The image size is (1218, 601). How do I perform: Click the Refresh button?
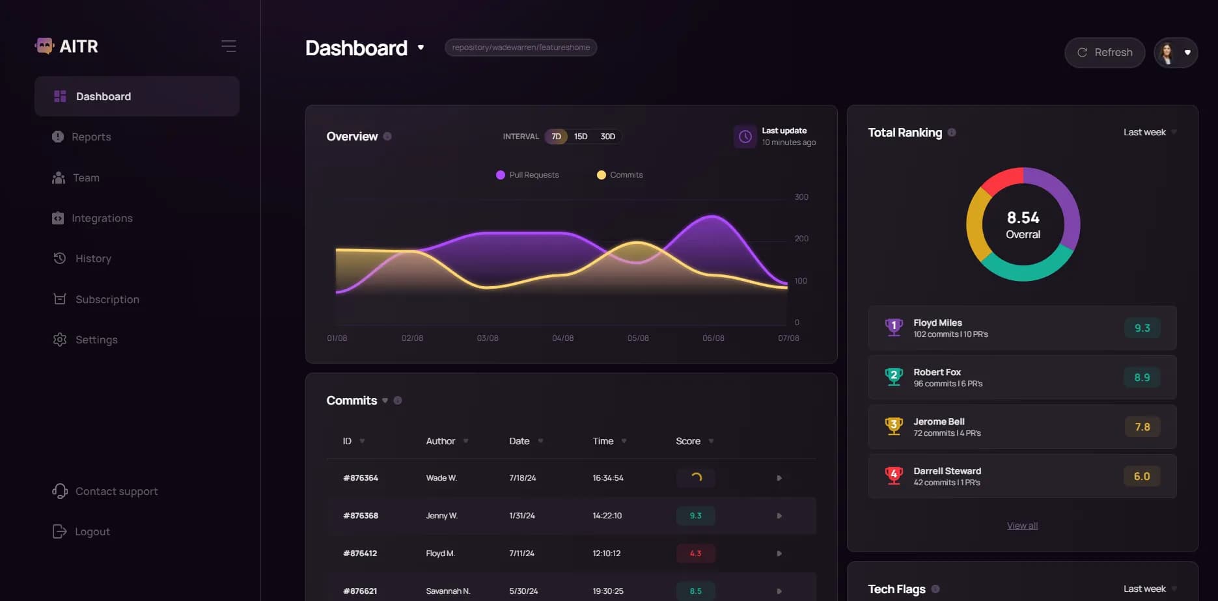[x=1105, y=53]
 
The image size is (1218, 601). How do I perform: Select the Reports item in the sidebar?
[x=91, y=137]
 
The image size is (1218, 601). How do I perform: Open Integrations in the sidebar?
[x=102, y=218]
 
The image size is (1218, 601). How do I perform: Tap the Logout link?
[x=92, y=531]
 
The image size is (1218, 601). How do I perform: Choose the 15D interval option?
[x=581, y=137]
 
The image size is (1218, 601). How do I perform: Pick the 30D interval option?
[x=607, y=137]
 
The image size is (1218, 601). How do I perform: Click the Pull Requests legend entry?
[x=527, y=175]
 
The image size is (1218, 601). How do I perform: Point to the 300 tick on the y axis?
[x=801, y=197]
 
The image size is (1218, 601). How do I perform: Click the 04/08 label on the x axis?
[x=562, y=338]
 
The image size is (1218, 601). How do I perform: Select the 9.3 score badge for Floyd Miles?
[x=1142, y=328]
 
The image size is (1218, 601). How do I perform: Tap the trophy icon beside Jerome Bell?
[x=894, y=427]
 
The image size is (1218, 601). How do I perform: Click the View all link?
[x=1022, y=526]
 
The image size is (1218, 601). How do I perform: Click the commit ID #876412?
[x=360, y=554]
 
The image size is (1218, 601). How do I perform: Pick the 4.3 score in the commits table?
[x=695, y=554]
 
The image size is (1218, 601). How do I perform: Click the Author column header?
[x=441, y=441]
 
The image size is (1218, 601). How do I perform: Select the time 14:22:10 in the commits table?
[x=607, y=516]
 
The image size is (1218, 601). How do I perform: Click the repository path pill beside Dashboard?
[x=521, y=47]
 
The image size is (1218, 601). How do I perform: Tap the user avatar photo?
[x=1167, y=53]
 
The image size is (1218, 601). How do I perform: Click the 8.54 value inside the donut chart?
[x=1023, y=217]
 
